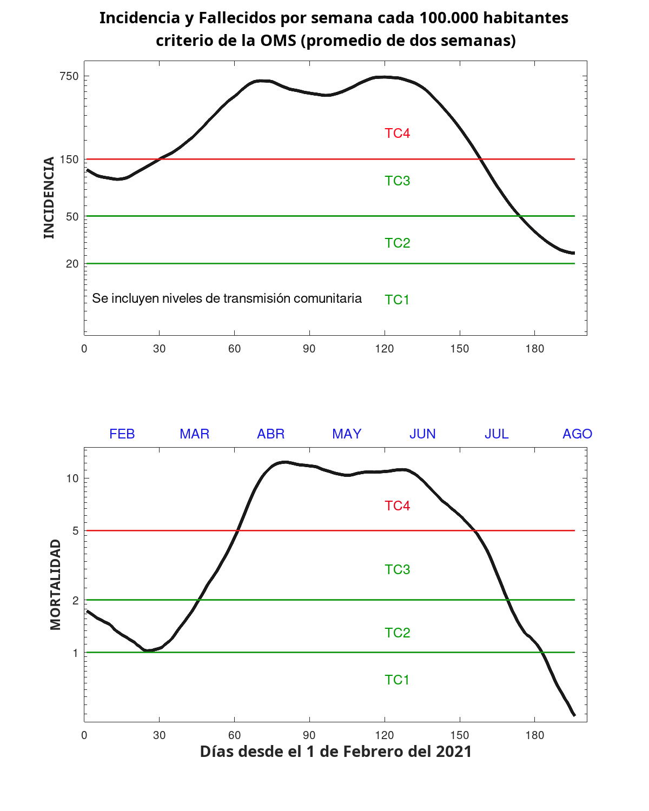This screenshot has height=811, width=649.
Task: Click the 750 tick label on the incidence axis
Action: [69, 76]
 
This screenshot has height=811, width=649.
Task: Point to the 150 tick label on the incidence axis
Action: [69, 159]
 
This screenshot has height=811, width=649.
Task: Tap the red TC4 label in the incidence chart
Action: [397, 134]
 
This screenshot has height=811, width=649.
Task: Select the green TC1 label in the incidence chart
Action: [397, 300]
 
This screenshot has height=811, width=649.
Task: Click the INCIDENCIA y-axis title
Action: [49, 197]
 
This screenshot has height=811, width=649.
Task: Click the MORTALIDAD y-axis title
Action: [55, 584]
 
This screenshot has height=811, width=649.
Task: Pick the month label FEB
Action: [122, 434]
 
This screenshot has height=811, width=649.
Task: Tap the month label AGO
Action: [577, 434]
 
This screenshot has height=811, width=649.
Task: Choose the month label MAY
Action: [347, 434]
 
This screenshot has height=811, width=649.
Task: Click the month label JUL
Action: [496, 434]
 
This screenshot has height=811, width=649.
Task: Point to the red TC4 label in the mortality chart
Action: [397, 506]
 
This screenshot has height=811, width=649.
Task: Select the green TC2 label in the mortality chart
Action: [397, 633]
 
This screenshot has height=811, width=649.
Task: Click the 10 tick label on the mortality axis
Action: [72, 478]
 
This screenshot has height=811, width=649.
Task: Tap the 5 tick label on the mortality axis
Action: [76, 531]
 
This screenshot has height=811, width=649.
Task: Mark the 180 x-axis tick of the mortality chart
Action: [534, 735]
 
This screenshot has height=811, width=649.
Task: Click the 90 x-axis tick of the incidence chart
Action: [309, 349]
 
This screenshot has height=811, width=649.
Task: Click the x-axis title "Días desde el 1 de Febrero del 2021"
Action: [336, 752]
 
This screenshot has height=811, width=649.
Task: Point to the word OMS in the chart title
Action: [277, 41]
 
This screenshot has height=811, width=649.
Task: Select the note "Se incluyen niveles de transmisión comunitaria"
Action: [227, 298]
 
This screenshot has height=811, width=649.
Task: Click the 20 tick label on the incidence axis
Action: [72, 264]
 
